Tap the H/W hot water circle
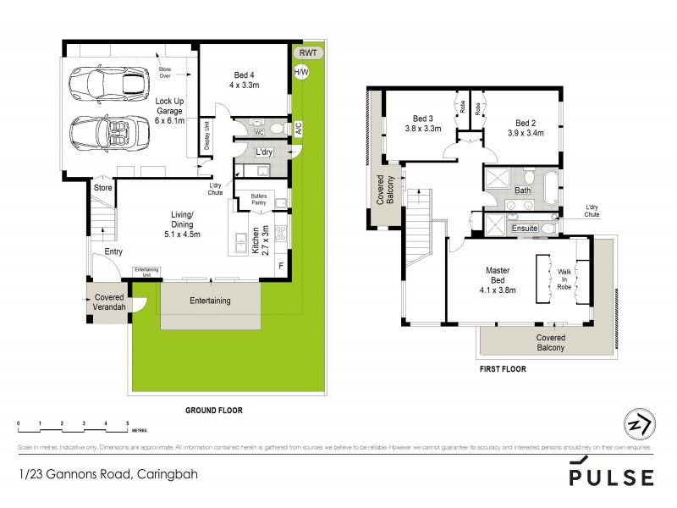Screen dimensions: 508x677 300,72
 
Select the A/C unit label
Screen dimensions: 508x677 298,129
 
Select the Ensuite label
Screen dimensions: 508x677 526,229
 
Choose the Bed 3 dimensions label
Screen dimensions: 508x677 423,130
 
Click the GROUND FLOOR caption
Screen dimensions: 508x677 214,410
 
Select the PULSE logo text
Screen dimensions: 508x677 611,476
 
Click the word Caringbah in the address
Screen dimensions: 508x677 167,475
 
